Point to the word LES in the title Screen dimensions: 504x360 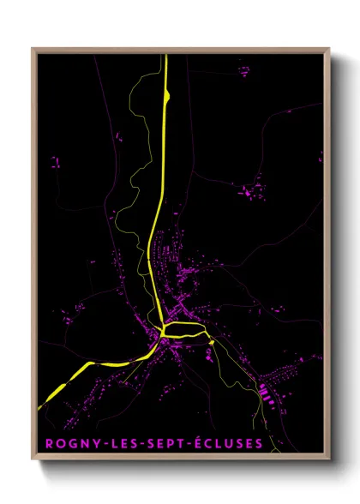[119, 444]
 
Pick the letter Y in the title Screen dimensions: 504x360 [94, 444]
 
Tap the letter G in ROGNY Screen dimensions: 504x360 [70, 444]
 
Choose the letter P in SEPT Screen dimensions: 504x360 [164, 444]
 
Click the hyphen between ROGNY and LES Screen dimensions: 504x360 [103, 444]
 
